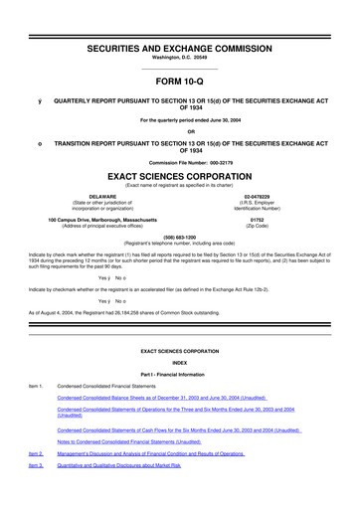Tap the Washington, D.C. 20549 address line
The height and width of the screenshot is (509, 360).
click(180, 32)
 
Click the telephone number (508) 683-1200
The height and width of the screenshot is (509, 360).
click(180, 237)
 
